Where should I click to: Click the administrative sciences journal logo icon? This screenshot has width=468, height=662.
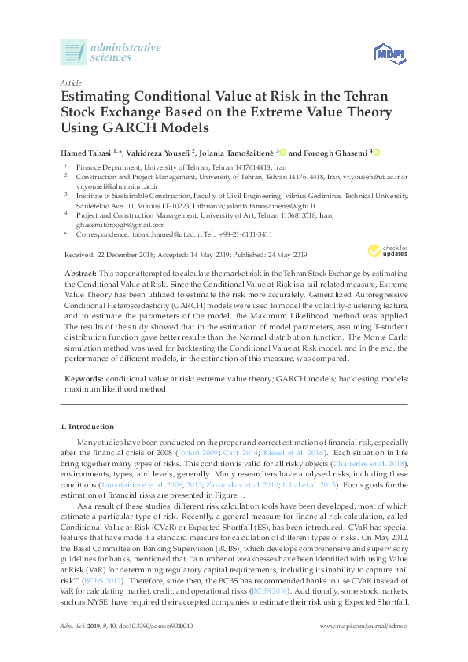[73, 53]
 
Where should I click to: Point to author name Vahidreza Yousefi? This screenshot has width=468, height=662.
[157, 151]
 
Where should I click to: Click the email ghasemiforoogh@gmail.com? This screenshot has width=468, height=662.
[120, 224]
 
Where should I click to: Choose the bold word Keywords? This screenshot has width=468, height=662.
[84, 379]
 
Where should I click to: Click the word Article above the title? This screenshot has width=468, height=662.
[70, 82]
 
